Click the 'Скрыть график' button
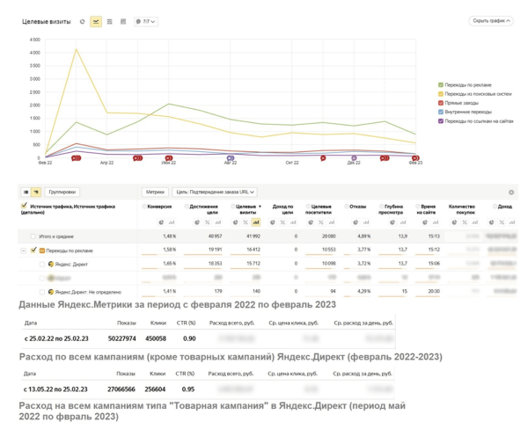(491, 21)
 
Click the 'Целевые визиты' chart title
(46, 22)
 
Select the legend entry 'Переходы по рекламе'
(468, 85)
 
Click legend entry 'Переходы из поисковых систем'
(477, 94)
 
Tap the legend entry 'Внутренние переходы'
(468, 112)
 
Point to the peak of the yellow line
(77, 49)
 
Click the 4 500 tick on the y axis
(34, 40)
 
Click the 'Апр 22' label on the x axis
(106, 163)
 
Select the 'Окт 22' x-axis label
(291, 163)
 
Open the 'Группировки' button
(62, 192)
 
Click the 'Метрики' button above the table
(155, 192)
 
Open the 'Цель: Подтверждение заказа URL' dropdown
(215, 192)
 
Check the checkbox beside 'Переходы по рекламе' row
(33, 251)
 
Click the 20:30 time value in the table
(433, 292)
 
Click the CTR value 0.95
(188, 389)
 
